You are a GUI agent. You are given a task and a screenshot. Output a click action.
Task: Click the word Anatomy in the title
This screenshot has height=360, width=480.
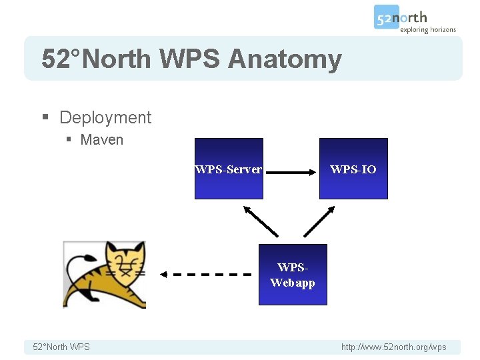[x=285, y=59]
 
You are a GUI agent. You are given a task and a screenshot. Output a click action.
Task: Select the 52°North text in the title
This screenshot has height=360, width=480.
[x=96, y=59]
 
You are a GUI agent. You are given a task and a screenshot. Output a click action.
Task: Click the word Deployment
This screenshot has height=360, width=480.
[x=105, y=118]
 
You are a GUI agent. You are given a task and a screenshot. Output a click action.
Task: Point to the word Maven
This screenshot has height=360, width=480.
[x=101, y=140]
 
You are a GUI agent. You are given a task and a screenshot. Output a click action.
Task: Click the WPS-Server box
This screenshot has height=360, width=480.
[x=229, y=169]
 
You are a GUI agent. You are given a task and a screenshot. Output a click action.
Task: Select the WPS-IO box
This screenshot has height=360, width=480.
[x=353, y=169]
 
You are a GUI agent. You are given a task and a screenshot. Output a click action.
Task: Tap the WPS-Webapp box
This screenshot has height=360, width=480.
[x=293, y=275]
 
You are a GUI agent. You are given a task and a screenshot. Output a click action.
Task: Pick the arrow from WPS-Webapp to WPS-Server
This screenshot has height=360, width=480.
[x=261, y=221]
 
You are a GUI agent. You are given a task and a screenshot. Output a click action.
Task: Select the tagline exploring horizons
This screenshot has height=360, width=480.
[x=428, y=30]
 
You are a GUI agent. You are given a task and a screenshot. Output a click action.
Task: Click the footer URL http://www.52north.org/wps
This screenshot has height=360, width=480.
[x=393, y=347]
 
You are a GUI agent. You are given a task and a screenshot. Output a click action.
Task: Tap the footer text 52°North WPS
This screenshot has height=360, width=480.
[x=61, y=347]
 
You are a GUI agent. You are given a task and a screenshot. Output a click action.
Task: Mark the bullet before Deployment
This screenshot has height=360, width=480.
[x=45, y=118]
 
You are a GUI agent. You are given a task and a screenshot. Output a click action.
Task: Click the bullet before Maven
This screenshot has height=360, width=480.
[x=69, y=140]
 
